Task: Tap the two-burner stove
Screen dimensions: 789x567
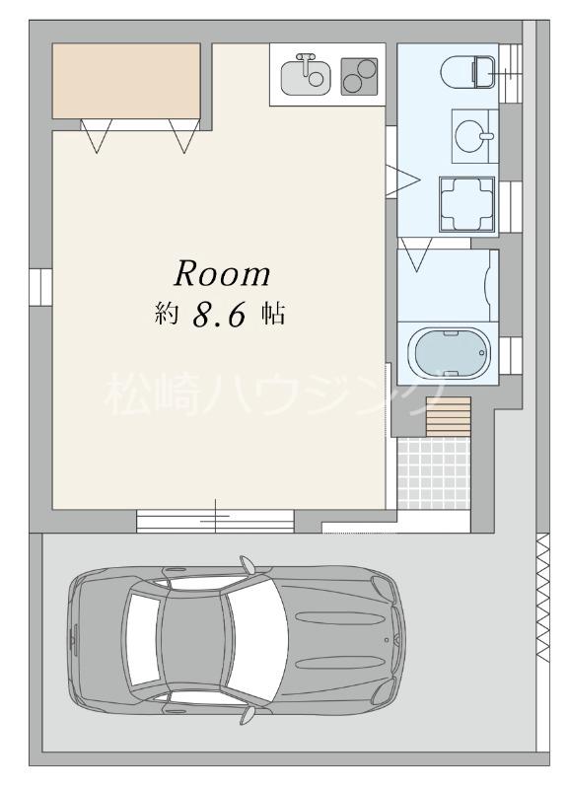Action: tap(359, 76)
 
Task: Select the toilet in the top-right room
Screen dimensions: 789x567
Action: tap(469, 71)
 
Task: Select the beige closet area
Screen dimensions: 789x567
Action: tap(125, 80)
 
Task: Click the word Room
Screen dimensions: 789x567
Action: tap(223, 273)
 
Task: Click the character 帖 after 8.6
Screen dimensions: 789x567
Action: tap(273, 315)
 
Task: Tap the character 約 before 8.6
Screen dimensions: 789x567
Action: tap(166, 315)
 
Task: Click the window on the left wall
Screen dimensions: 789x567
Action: tap(38, 286)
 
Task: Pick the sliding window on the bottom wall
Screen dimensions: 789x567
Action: tap(215, 520)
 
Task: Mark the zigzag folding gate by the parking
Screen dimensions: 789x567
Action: tap(541, 597)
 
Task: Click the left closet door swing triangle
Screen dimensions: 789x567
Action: tap(96, 136)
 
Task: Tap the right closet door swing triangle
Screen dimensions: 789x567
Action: tap(184, 136)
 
